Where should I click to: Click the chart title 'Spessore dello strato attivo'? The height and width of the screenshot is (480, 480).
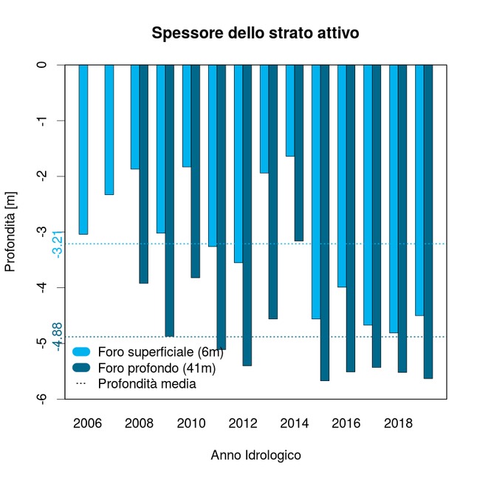tap(255, 33)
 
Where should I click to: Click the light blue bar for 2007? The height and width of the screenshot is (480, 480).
tap(109, 129)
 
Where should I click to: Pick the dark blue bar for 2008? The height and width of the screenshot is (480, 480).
tap(144, 174)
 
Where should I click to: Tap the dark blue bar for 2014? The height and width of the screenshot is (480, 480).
tap(299, 152)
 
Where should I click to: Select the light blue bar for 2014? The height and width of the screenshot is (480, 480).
tap(290, 111)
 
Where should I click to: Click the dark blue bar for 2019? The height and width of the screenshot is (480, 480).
tap(428, 222)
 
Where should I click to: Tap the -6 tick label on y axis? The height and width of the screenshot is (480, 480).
tap(43, 399)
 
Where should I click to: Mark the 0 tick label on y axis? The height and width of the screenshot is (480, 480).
tap(43, 65)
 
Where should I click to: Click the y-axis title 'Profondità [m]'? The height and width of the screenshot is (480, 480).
tap(10, 231)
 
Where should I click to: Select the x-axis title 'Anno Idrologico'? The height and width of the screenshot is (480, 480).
tap(256, 456)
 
